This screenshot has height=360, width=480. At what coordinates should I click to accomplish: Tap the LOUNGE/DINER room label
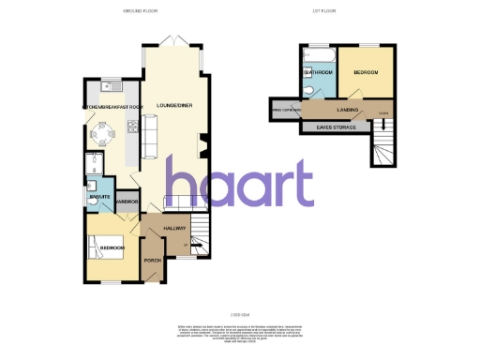click(x=175, y=105)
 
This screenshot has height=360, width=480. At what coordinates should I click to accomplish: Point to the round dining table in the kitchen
click(x=100, y=132)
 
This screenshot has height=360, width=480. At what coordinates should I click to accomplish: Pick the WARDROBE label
click(x=127, y=202)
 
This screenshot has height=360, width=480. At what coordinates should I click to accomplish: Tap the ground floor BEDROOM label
click(x=113, y=247)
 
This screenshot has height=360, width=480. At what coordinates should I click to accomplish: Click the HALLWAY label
click(x=175, y=228)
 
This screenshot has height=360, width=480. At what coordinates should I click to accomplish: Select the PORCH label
click(x=152, y=260)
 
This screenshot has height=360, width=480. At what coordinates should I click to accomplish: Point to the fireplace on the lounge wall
click(x=206, y=142)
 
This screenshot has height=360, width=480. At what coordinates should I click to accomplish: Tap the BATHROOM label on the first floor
click(x=318, y=72)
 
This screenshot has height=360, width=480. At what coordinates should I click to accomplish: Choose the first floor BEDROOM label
click(x=366, y=72)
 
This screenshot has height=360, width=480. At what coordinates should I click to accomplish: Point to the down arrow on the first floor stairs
click(x=382, y=125)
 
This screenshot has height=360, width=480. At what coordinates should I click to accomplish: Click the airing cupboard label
click(x=284, y=110)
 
